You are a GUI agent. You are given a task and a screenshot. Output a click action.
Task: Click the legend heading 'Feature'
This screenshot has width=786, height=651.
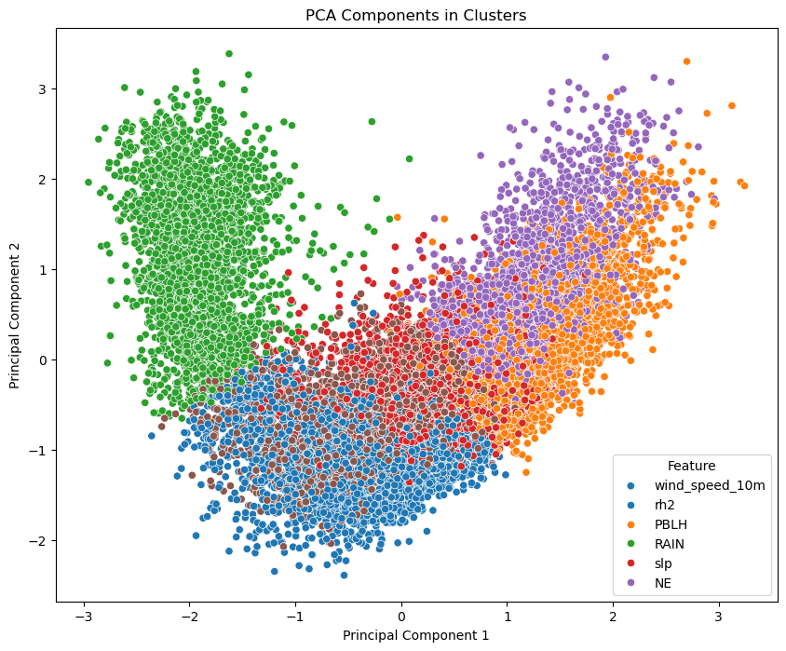pyautogui.click(x=690, y=466)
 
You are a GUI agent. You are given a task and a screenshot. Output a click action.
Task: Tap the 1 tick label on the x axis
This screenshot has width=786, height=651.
pyautogui.click(x=508, y=616)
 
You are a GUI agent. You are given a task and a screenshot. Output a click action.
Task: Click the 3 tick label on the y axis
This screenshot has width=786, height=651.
pyautogui.click(x=43, y=88)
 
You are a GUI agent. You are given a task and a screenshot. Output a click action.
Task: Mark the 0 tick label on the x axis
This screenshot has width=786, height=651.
pyautogui.click(x=401, y=616)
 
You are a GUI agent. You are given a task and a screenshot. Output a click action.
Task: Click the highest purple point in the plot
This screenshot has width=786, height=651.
pyautogui.click(x=605, y=57)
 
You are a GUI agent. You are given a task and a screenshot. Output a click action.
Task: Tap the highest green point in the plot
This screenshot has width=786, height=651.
pyautogui.click(x=229, y=54)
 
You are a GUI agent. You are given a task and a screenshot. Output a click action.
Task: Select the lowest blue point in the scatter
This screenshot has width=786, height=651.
pyautogui.click(x=344, y=575)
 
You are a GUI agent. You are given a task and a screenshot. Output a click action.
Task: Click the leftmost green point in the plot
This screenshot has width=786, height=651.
pyautogui.click(x=88, y=183)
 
